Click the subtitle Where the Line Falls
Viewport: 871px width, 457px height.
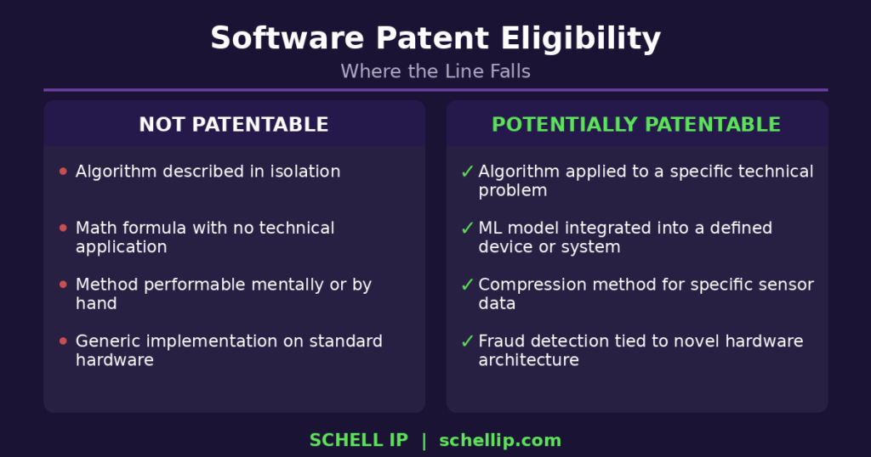tap(435, 71)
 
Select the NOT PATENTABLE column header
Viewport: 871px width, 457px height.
tap(234, 125)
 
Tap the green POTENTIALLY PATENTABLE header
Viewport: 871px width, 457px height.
tap(636, 125)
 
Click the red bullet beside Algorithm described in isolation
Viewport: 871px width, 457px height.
tap(63, 172)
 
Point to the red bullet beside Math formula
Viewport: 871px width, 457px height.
tap(63, 228)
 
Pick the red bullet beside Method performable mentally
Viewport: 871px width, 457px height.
tap(63, 285)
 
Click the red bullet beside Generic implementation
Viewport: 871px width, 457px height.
tap(63, 341)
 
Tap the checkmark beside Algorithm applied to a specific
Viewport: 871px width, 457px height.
tap(467, 172)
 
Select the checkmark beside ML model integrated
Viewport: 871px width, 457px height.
tap(467, 228)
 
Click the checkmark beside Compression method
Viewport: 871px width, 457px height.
tap(467, 285)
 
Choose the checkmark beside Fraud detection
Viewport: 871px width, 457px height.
tap(467, 341)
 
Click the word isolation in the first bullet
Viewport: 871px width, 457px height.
tap(306, 172)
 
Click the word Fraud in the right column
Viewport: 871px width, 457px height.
tap(500, 341)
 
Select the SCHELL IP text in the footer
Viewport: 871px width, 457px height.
tap(359, 440)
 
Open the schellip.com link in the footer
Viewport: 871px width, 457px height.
tap(500, 440)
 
